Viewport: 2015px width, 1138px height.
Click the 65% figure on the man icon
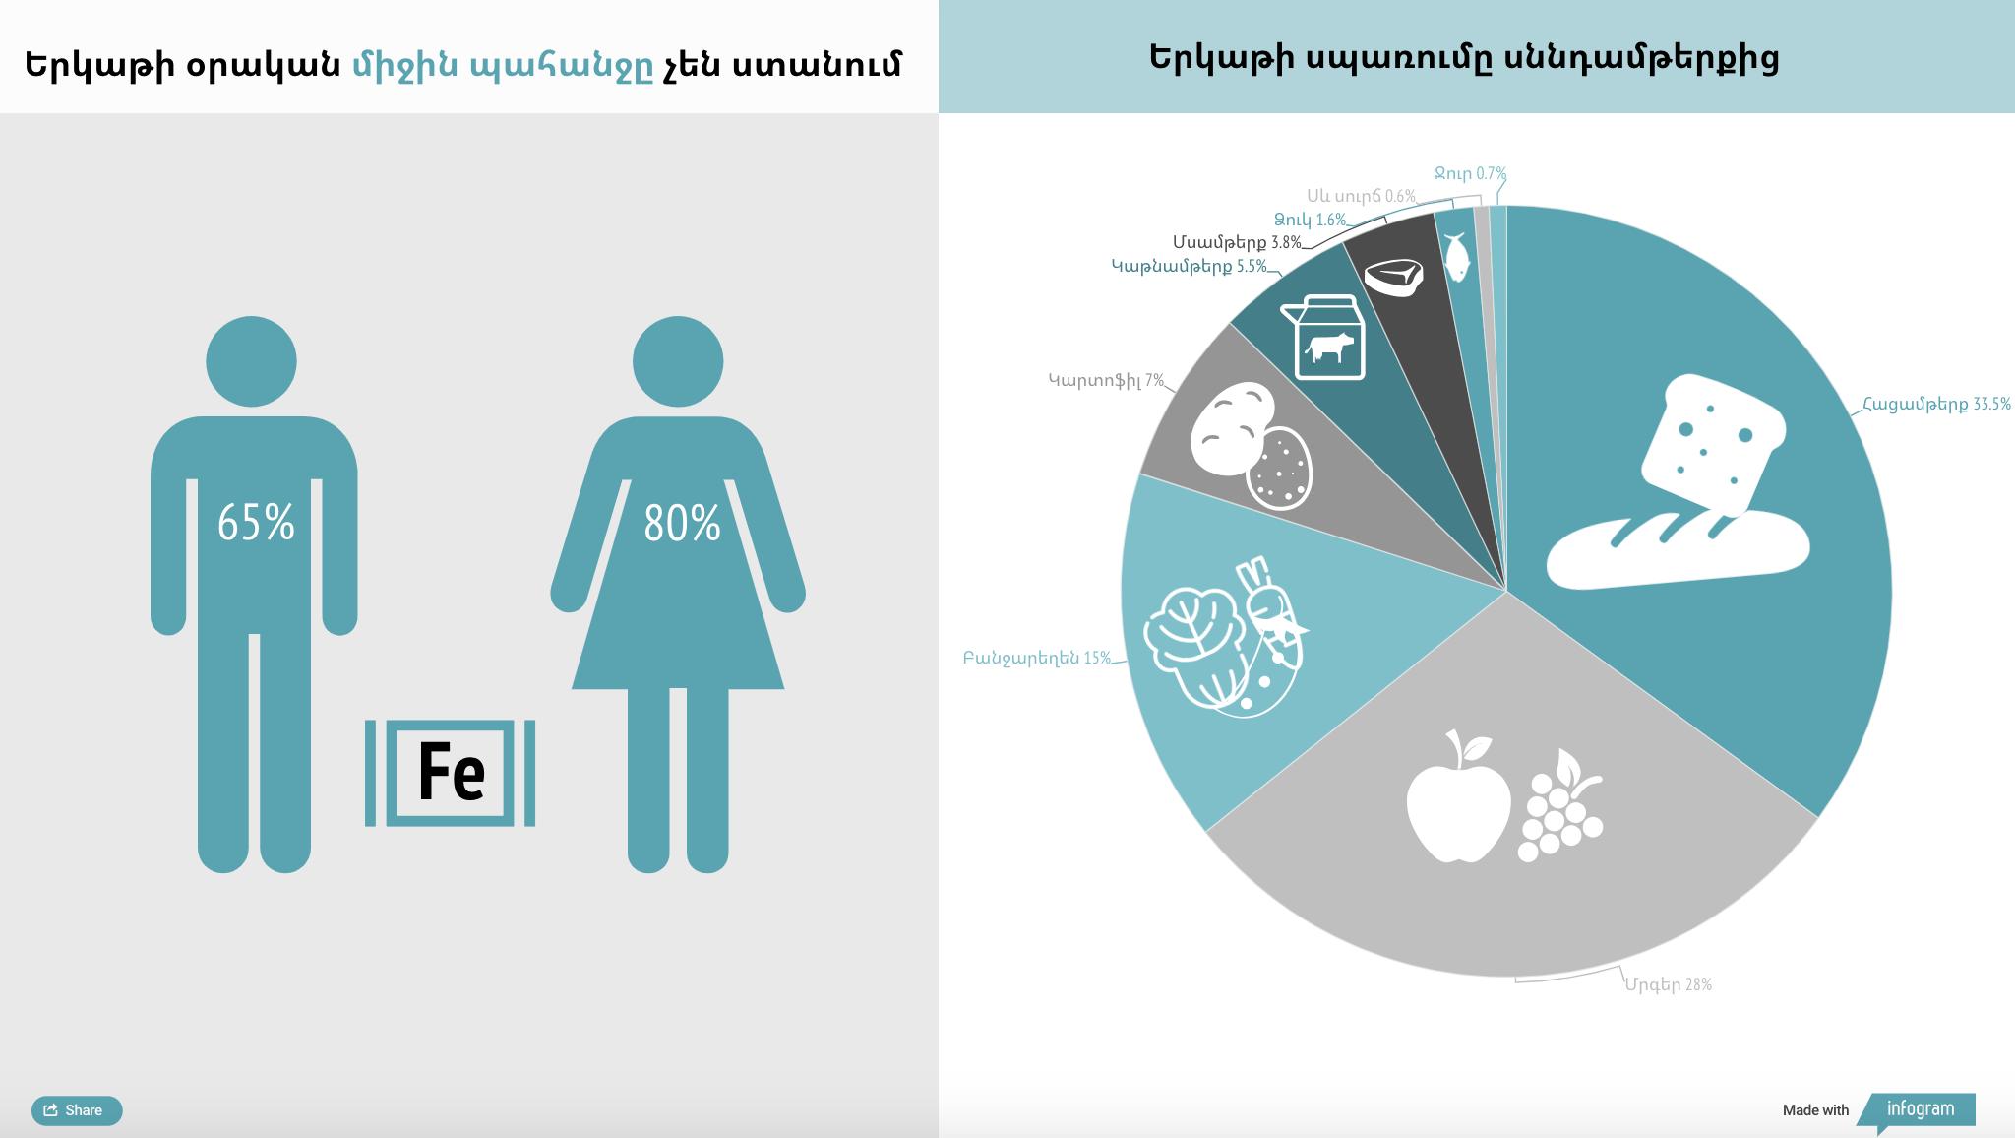point(256,523)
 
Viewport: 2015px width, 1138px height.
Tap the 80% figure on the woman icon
point(682,523)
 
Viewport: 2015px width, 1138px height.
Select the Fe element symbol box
point(451,773)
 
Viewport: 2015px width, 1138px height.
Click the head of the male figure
point(251,361)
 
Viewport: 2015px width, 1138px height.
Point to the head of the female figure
point(678,361)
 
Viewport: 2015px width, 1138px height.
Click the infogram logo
point(1919,1110)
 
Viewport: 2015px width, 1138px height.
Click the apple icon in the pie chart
point(1458,797)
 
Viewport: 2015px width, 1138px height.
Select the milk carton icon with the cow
point(1323,337)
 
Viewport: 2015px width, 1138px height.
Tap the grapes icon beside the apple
point(1561,806)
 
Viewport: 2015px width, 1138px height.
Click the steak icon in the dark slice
point(1393,277)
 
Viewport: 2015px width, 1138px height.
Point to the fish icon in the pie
point(1456,257)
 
